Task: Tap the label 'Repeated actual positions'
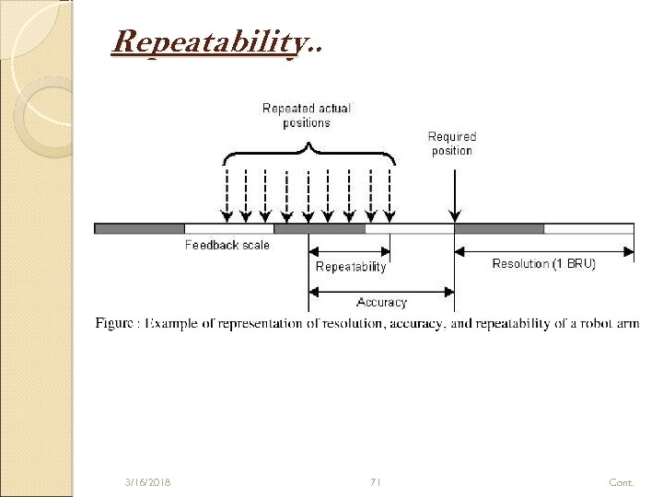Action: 306,115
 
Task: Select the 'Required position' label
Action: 451,144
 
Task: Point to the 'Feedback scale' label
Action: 227,246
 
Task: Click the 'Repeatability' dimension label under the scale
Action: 351,267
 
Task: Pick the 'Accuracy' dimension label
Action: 381,302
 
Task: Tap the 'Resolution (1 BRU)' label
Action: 544,264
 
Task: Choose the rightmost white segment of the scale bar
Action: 588,228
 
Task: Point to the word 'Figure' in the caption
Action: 114,324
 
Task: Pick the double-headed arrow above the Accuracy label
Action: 381,291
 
